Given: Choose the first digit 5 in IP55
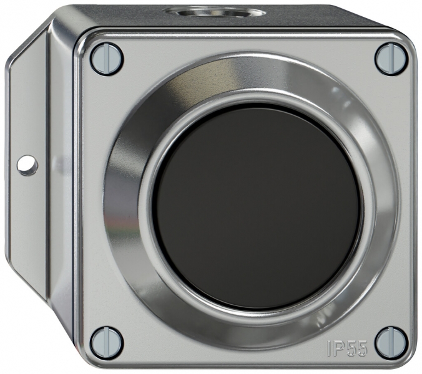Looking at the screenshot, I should point(351,348).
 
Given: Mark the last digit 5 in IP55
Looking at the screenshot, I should point(362,348).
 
